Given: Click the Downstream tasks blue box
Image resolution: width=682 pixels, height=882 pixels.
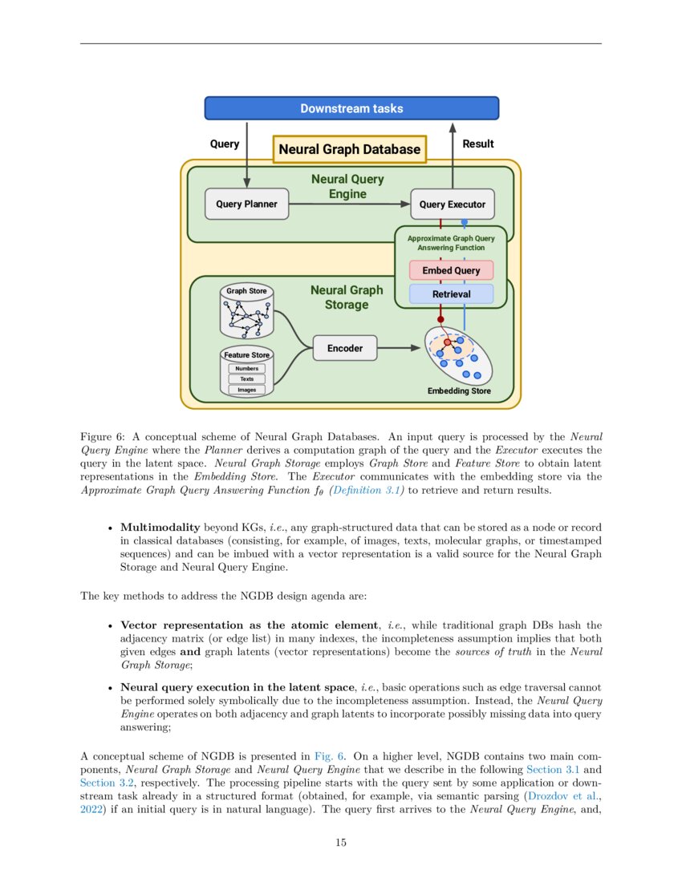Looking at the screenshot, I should coord(351,108).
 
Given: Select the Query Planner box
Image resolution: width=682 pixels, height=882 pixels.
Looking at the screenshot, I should coord(246,204).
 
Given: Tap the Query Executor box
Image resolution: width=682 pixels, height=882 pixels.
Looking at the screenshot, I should coord(452,204).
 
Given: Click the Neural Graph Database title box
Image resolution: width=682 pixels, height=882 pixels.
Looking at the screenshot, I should coord(349,149).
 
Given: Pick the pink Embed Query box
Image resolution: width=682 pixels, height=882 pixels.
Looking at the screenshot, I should coord(451,270).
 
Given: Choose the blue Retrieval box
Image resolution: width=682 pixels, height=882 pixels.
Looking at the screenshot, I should coord(451,294).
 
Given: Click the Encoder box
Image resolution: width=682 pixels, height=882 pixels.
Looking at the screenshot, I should coord(344,348).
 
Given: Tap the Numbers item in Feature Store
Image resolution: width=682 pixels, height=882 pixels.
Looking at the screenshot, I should coord(246,368).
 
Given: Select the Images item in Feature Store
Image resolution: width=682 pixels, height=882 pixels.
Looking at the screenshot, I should coord(246,390).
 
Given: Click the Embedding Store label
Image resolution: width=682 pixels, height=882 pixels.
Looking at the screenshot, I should coord(459,392).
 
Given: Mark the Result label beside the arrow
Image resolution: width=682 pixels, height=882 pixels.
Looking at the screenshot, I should coord(478,144).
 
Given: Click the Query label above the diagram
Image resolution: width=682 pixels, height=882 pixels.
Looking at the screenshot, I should coord(225,144).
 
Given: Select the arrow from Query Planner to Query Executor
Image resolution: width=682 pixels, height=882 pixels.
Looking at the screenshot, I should coord(349,204).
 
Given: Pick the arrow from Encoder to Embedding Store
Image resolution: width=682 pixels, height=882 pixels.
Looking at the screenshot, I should coord(400,348).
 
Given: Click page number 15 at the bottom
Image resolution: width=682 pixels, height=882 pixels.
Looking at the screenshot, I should coord(341,843).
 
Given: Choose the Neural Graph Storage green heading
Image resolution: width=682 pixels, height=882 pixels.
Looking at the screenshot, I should coord(347,297).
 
